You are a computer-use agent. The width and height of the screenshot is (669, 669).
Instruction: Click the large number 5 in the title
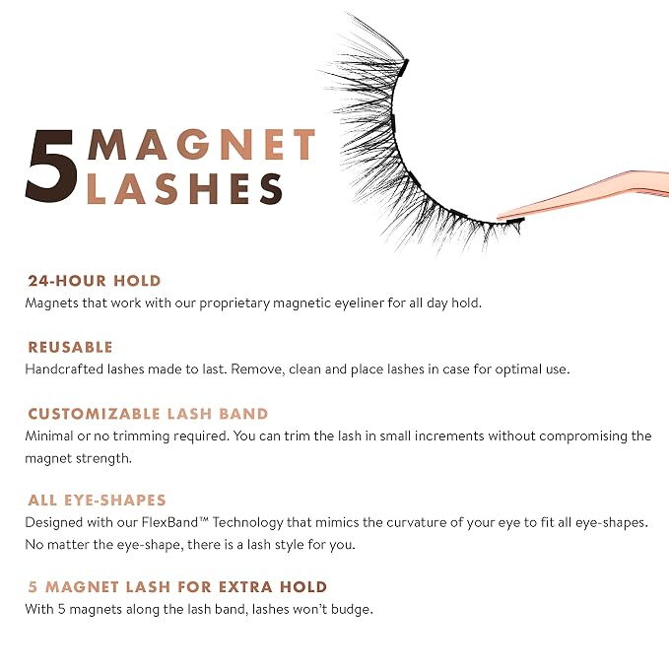coord(52,166)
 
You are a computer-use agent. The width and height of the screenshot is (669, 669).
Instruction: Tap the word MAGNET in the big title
coord(201,144)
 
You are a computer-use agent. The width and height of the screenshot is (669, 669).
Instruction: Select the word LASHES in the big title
coord(184,188)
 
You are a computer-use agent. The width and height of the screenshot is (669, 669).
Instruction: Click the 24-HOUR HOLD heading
coord(95,281)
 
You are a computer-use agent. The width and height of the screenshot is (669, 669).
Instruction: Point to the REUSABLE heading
coord(70,347)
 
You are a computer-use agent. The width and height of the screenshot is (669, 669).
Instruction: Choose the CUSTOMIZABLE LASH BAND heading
coord(148,414)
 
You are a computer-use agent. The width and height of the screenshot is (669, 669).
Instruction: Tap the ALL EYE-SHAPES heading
coord(97,501)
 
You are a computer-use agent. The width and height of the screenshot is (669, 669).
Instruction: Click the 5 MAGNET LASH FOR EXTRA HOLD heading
coord(177,586)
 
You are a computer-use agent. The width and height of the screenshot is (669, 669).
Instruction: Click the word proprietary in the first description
coord(234,303)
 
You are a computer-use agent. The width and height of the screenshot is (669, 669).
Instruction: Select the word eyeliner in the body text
coord(358,302)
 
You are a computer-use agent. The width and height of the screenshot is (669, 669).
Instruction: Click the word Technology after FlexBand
coord(248,523)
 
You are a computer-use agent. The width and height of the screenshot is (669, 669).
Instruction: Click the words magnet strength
coord(78,459)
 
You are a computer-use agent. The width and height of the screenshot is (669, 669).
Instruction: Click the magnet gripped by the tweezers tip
coord(514,221)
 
